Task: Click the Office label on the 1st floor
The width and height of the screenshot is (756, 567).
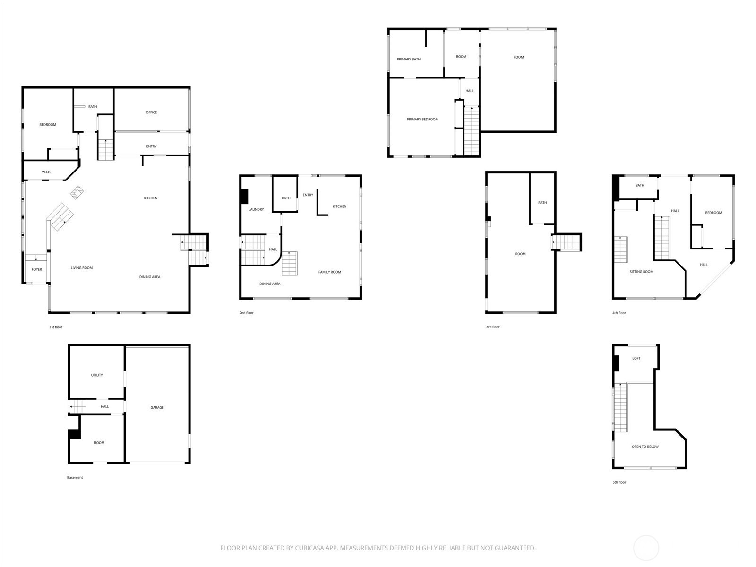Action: click(x=151, y=112)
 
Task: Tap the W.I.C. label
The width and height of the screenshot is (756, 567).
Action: click(x=46, y=172)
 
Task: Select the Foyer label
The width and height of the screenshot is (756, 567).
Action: click(x=37, y=269)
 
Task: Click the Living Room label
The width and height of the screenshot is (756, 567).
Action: click(x=82, y=268)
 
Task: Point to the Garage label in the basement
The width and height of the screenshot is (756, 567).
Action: click(x=157, y=407)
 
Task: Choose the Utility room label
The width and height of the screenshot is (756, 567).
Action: click(x=97, y=375)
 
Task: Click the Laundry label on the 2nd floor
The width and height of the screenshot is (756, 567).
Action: click(x=256, y=209)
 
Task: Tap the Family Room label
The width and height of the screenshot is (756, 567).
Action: click(x=329, y=272)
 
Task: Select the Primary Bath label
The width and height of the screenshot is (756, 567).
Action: click(x=408, y=60)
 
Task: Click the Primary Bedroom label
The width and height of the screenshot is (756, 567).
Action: click(x=422, y=120)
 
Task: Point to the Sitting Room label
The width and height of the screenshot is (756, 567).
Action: click(x=641, y=272)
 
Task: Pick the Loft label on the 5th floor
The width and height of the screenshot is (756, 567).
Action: click(x=636, y=358)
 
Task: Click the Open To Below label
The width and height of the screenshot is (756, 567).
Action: click(x=645, y=447)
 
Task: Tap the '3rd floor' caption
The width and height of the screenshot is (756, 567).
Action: click(x=493, y=327)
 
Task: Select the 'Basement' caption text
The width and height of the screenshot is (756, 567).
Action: click(x=75, y=478)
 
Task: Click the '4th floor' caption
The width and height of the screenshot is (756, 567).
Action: click(x=619, y=313)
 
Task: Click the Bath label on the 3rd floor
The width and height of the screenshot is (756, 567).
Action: click(x=542, y=203)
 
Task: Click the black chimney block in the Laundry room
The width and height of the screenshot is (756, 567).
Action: click(x=244, y=197)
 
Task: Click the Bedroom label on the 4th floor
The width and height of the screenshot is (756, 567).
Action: click(x=713, y=213)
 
